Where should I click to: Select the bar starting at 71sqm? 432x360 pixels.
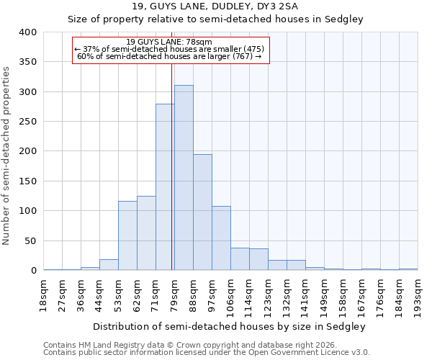pos(165,187)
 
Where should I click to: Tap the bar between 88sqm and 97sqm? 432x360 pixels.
pos(202,212)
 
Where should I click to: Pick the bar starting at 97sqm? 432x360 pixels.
pos(221,238)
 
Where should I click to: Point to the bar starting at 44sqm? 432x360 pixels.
pos(109,265)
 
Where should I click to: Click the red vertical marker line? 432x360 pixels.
pos(171,166)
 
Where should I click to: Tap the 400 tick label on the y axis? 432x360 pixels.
pos(27,32)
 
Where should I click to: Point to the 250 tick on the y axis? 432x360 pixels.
pos(27,122)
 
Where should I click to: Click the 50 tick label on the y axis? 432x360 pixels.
pos(30,240)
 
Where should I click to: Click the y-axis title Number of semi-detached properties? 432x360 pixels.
pos(6,155)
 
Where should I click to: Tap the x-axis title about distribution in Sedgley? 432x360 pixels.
pos(230,326)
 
